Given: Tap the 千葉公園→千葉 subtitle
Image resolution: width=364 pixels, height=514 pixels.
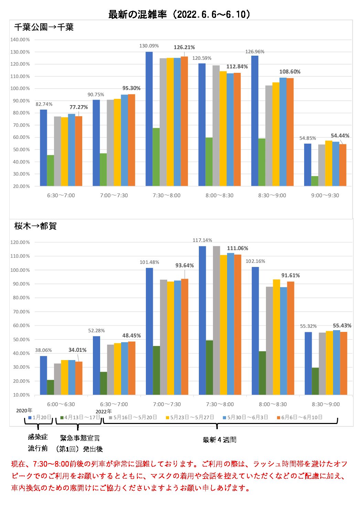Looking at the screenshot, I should click(x=44, y=27).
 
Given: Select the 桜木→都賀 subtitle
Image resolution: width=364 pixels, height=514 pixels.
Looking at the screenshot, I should click(x=35, y=226).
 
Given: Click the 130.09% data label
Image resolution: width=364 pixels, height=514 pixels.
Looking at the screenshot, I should click(x=149, y=46).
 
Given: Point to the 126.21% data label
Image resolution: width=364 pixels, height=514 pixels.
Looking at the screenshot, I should click(x=184, y=47).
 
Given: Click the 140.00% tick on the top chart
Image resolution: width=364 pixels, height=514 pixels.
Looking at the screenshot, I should click(x=20, y=40).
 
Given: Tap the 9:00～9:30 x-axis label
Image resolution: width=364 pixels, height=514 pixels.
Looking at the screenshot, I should click(x=325, y=195).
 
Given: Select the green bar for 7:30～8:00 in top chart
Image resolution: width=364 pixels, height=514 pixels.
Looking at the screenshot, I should click(x=156, y=157).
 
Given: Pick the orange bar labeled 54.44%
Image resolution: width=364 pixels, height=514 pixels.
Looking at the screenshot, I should click(x=343, y=165).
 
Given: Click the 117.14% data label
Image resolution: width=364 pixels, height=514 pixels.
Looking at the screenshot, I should click(x=202, y=240).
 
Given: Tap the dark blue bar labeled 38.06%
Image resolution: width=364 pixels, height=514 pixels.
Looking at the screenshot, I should click(x=43, y=375).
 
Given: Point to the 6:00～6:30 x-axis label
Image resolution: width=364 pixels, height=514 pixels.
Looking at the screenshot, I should click(x=61, y=404).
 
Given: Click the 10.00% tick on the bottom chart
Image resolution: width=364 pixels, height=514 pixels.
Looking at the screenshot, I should click(x=21, y=395).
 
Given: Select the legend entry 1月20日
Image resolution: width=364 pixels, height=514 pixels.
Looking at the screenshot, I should click(x=40, y=417).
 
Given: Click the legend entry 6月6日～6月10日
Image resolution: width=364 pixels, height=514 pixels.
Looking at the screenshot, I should click(x=300, y=417).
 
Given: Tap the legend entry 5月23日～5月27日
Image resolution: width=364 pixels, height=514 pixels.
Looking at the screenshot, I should click(x=190, y=417).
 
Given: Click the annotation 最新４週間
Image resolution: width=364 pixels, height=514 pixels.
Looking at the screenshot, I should click(x=220, y=439).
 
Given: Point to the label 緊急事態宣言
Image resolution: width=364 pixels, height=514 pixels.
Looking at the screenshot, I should click(x=80, y=438).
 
